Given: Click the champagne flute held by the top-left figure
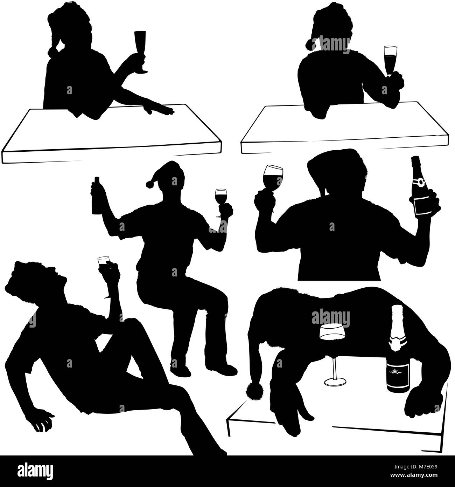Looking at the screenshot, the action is (x=140, y=52).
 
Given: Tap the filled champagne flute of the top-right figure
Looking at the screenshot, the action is (x=390, y=61).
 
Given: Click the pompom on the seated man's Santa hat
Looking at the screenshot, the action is (x=149, y=184).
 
